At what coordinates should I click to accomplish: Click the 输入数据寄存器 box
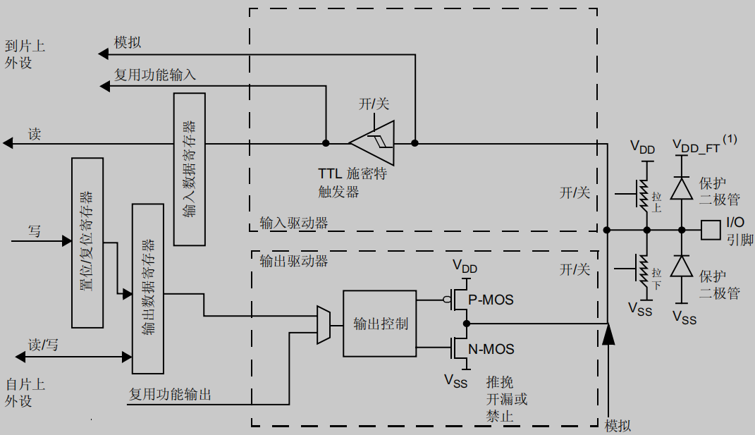point(190,169)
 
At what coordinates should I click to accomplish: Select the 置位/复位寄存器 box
point(89,243)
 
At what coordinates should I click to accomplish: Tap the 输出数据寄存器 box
point(148,289)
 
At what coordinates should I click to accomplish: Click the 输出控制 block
point(380,324)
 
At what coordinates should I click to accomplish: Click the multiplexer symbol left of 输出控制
point(324,325)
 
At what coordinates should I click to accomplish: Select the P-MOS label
point(491,300)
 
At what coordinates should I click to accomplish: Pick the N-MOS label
point(491,349)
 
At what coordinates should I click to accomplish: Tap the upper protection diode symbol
point(681,188)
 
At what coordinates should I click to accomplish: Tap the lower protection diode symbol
point(681,266)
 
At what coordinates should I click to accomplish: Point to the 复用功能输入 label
point(155,74)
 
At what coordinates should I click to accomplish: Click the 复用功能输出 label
point(170,394)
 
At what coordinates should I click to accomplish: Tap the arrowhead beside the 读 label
point(8,143)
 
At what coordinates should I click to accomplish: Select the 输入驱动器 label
point(294,223)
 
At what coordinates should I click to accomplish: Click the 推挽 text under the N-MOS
point(500,382)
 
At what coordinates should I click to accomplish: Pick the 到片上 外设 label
point(25,54)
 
